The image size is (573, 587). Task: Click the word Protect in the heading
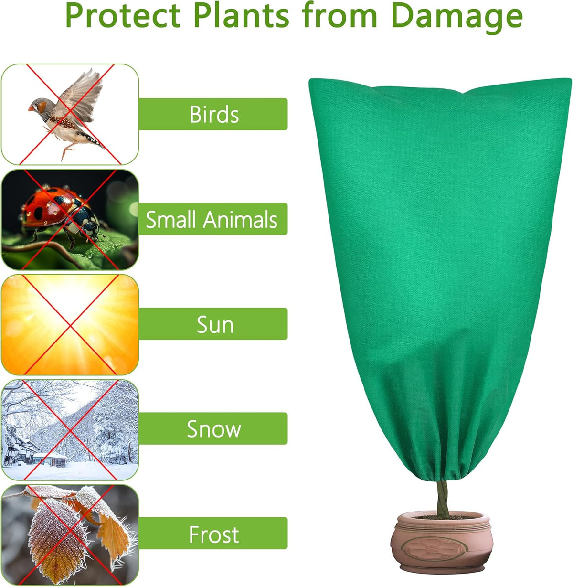pos(123,16)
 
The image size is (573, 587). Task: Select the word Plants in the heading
pos(241,15)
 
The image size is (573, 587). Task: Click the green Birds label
pos(213,114)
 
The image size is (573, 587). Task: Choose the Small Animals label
pos(213,219)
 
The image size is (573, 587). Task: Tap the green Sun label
pos(213,324)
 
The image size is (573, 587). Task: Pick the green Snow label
pos(213,428)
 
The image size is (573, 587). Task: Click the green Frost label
pos(213,534)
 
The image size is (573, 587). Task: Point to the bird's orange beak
pos(31,108)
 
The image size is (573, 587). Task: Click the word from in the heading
pos(340,15)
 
